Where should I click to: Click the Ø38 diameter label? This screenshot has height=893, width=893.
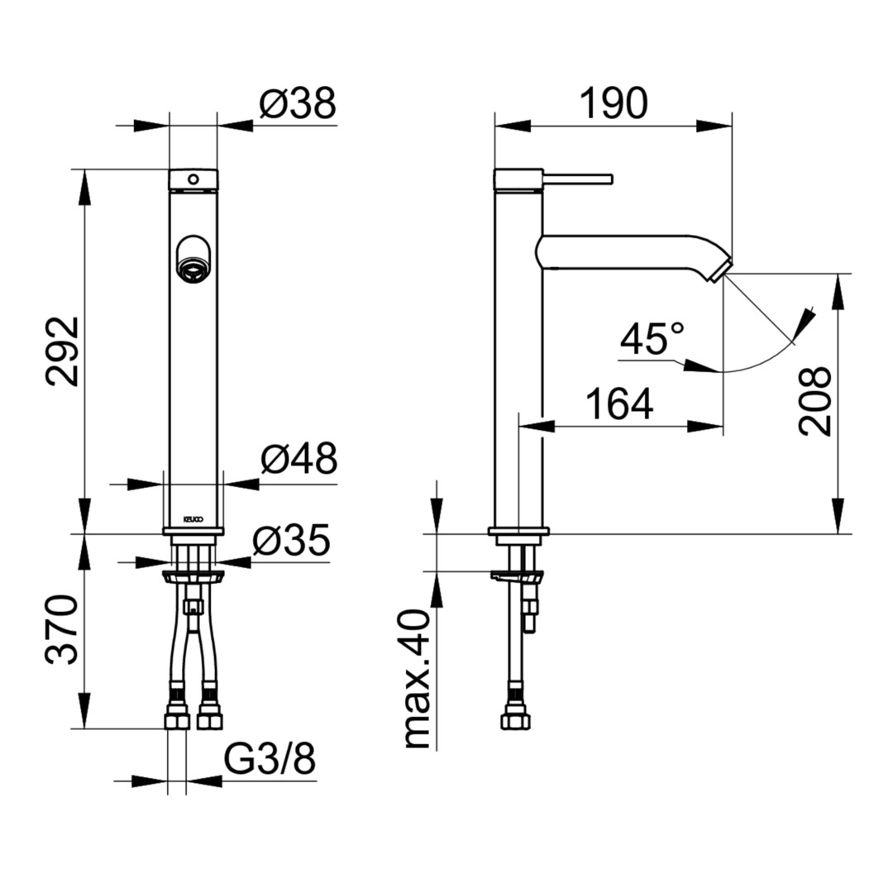(x=298, y=103)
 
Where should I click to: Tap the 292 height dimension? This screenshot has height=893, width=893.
(x=63, y=351)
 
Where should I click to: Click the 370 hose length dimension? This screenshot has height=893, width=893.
(x=61, y=629)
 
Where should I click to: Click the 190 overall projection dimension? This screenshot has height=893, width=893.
(x=614, y=103)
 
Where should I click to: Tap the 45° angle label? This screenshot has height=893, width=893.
(x=652, y=338)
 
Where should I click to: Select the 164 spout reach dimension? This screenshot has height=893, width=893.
(x=619, y=404)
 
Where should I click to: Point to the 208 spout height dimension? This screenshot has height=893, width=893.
(x=815, y=402)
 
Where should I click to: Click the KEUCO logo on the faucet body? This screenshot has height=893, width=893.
(x=193, y=519)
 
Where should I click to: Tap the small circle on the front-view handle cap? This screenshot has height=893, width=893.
(x=193, y=179)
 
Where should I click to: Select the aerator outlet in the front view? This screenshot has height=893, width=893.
(x=193, y=268)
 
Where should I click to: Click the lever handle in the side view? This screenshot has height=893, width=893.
(x=577, y=179)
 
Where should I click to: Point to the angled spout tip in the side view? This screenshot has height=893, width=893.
(x=719, y=270)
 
